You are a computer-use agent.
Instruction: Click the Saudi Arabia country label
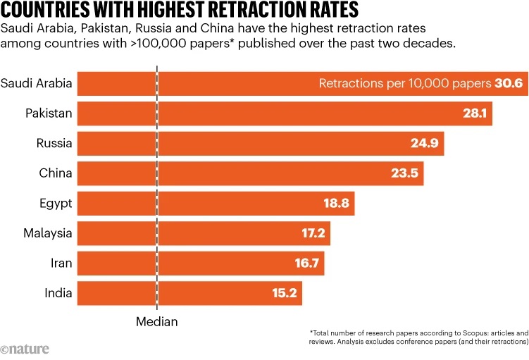point(37,84)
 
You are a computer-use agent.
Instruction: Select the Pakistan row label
point(49,113)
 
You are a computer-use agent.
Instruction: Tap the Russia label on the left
point(54,144)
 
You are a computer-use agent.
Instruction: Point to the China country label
point(56,173)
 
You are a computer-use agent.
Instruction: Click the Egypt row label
point(55,204)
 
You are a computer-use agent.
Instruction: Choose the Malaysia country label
point(48,233)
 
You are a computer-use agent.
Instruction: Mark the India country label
point(58,292)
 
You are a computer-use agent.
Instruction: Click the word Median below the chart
point(156,321)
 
